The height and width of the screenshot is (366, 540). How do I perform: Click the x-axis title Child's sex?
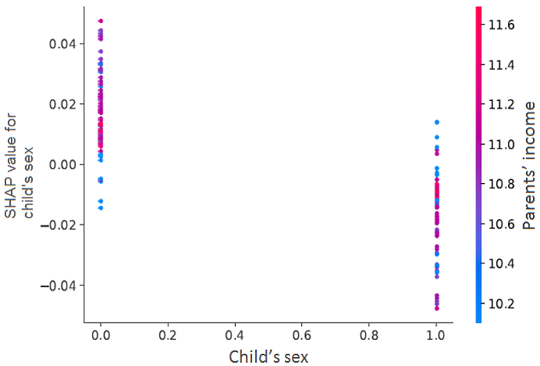click(x=269, y=356)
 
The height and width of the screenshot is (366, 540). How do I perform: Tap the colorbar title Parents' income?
click(x=529, y=165)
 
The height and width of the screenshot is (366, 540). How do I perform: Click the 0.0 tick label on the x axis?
click(x=100, y=335)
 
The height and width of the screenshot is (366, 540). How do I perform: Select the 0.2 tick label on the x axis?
click(x=168, y=335)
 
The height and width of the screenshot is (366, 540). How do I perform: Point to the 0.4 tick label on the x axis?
click(x=235, y=335)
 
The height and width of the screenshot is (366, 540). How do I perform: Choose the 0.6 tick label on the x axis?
click(x=302, y=335)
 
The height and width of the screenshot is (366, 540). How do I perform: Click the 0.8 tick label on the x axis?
click(x=369, y=335)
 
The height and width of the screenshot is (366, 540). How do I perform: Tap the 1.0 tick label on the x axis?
click(x=437, y=335)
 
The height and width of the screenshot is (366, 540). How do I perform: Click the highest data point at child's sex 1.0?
click(x=437, y=122)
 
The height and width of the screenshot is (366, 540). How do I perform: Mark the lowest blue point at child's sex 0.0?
click(x=100, y=208)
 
